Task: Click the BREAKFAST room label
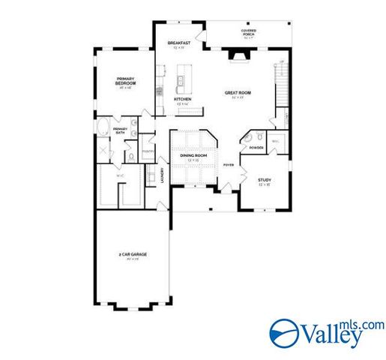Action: point(178,43)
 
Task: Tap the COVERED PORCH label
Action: point(249,33)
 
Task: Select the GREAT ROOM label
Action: point(237,94)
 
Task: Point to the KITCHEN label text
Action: point(181,100)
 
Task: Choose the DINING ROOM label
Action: point(193,155)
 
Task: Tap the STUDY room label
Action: point(265,180)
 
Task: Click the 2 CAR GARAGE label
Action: point(132,256)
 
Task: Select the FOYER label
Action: point(228,164)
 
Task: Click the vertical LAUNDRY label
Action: point(163,175)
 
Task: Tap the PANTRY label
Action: point(148,150)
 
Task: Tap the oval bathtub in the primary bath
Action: point(103,127)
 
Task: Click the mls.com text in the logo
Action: point(365,324)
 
